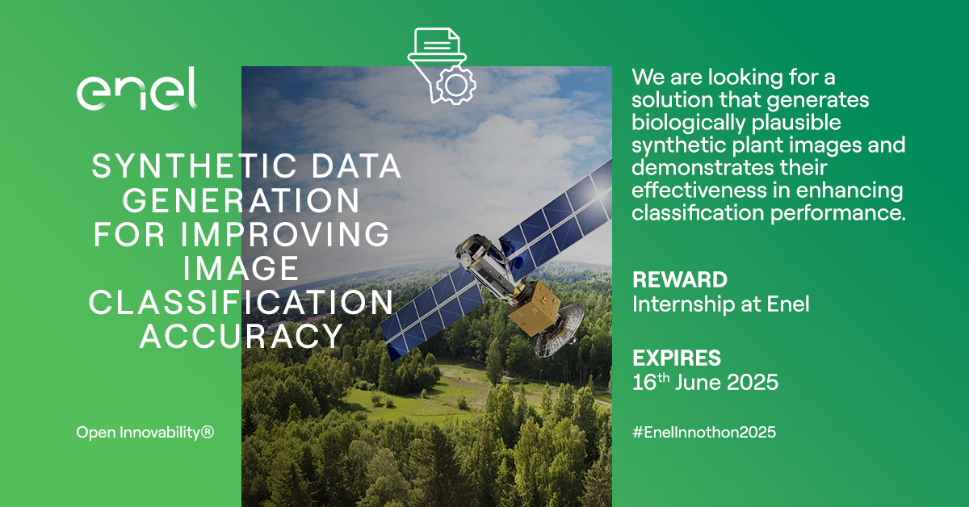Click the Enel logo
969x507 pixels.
[x=136, y=89]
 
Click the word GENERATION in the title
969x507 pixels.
[x=247, y=201]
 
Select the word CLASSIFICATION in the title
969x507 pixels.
[x=241, y=303]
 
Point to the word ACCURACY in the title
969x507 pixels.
[x=241, y=337]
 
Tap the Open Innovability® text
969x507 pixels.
[x=145, y=433]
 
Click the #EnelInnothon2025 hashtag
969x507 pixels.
[x=703, y=433]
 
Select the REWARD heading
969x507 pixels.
[x=679, y=280]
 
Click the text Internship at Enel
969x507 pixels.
[x=720, y=304]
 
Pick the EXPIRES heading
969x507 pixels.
[x=676, y=358]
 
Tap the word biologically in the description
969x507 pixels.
[x=684, y=124]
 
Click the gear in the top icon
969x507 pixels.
[x=456, y=82]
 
